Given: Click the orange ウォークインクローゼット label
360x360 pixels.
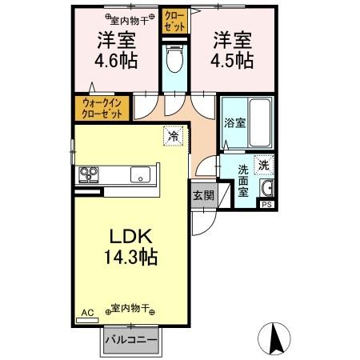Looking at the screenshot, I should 102,108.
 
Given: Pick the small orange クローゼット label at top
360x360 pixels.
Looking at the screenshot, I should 173,21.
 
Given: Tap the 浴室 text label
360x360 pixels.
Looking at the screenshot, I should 234,125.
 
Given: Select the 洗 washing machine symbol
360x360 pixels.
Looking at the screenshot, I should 264,165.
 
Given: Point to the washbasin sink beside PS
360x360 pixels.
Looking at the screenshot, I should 267,189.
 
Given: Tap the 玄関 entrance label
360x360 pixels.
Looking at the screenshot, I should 202,195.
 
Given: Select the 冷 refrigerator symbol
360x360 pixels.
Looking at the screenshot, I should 173,137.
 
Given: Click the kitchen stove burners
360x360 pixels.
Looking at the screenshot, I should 89,174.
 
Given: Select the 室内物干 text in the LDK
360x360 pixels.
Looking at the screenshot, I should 127,309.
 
